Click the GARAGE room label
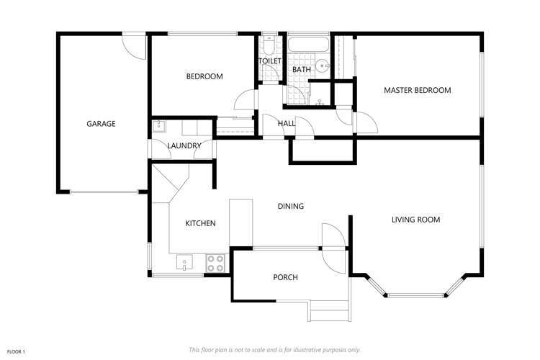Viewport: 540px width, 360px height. pyautogui.click(x=101, y=124)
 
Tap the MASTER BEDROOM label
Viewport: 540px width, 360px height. pyautogui.click(x=417, y=90)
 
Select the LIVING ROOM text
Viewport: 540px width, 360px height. pyautogui.click(x=415, y=220)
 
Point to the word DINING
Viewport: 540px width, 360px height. pyautogui.click(x=291, y=206)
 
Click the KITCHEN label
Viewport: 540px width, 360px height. pyautogui.click(x=200, y=223)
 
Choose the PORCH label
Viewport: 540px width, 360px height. pyautogui.click(x=285, y=277)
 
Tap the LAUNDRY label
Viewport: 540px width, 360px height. pyautogui.click(x=184, y=146)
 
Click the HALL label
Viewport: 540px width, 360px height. pyautogui.click(x=287, y=124)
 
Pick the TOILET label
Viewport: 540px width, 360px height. pyautogui.click(x=270, y=61)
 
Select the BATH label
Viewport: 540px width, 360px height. pyautogui.click(x=301, y=69)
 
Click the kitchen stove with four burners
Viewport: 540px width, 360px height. pyautogui.click(x=215, y=263)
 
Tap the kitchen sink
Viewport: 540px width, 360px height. pyautogui.click(x=184, y=264)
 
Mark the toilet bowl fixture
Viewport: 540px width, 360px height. pyautogui.click(x=268, y=46)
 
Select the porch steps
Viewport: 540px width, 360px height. pyautogui.click(x=330, y=311)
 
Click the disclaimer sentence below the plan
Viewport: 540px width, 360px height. pyautogui.click(x=274, y=349)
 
